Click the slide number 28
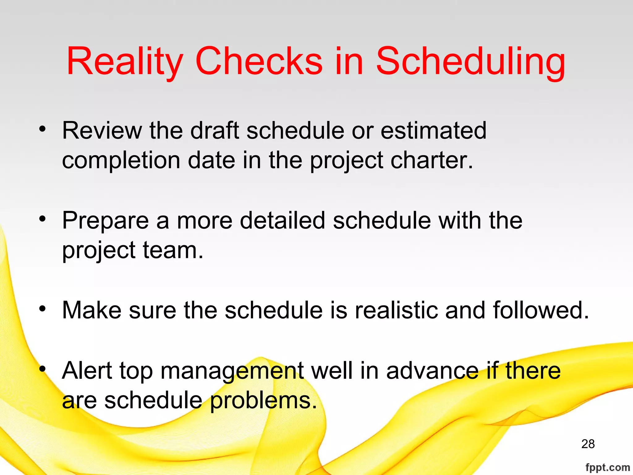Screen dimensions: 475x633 [588, 444]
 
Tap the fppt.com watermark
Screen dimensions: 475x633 [608, 467]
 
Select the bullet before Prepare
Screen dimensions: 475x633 [42, 219]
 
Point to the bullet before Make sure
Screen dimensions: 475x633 [42, 309]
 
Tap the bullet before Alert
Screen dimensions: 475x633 [42, 369]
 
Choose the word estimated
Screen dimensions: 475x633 [433, 131]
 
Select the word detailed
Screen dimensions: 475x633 [283, 220]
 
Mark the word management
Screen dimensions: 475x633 [232, 370]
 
